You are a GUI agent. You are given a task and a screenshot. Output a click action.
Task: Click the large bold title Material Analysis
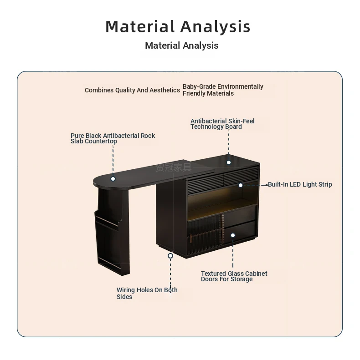(x=178, y=27)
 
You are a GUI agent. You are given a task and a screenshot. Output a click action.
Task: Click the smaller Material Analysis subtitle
(x=182, y=46)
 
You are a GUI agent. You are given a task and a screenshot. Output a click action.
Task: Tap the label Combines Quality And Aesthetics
(x=132, y=90)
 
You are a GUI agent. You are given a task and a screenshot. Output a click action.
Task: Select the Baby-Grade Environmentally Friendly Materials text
(x=223, y=90)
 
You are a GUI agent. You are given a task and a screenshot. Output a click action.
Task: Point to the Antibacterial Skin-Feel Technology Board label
(x=222, y=124)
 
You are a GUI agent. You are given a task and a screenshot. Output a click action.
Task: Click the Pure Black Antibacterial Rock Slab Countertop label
(x=113, y=138)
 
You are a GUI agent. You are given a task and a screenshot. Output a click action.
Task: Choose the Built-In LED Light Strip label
(x=300, y=184)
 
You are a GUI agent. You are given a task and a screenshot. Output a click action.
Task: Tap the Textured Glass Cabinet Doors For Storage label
(x=234, y=276)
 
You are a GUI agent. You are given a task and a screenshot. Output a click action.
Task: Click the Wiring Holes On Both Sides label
(x=147, y=293)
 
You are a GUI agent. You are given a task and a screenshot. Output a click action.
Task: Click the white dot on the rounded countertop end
(x=113, y=179)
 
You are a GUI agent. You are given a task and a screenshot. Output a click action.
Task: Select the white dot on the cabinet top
(x=229, y=162)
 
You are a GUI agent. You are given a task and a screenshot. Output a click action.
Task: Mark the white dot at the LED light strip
(x=241, y=185)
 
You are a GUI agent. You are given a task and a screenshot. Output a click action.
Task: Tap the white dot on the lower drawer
(x=233, y=235)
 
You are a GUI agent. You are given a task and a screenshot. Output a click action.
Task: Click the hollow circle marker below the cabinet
(x=170, y=256)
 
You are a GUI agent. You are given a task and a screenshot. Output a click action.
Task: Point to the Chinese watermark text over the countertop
(x=174, y=167)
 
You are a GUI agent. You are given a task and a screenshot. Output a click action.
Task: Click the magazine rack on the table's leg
(x=108, y=239)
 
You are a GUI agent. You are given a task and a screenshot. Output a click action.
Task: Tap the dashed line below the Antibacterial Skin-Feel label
(x=229, y=142)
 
